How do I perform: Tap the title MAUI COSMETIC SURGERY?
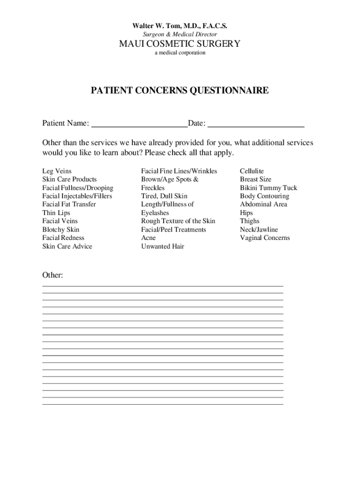click(x=180, y=44)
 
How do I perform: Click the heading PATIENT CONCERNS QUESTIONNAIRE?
click(x=180, y=90)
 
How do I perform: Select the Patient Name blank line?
click(x=139, y=124)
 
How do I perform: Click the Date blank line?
click(x=256, y=124)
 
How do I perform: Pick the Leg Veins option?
click(x=57, y=171)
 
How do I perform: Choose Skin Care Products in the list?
click(x=70, y=180)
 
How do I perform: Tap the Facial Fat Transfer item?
click(x=69, y=204)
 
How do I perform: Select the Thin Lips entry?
click(x=56, y=213)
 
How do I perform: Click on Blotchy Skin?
click(x=61, y=230)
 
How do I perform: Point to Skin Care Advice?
click(x=67, y=247)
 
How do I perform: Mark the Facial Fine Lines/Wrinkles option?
click(x=179, y=171)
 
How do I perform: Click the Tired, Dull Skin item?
click(x=164, y=196)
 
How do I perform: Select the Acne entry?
click(x=149, y=238)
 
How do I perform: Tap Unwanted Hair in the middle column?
click(x=163, y=247)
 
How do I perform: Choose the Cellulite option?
click(x=252, y=171)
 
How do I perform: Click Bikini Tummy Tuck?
click(x=268, y=188)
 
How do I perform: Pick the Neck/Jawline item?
click(x=259, y=230)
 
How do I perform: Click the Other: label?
click(x=53, y=276)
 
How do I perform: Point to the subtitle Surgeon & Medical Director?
click(x=180, y=35)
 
